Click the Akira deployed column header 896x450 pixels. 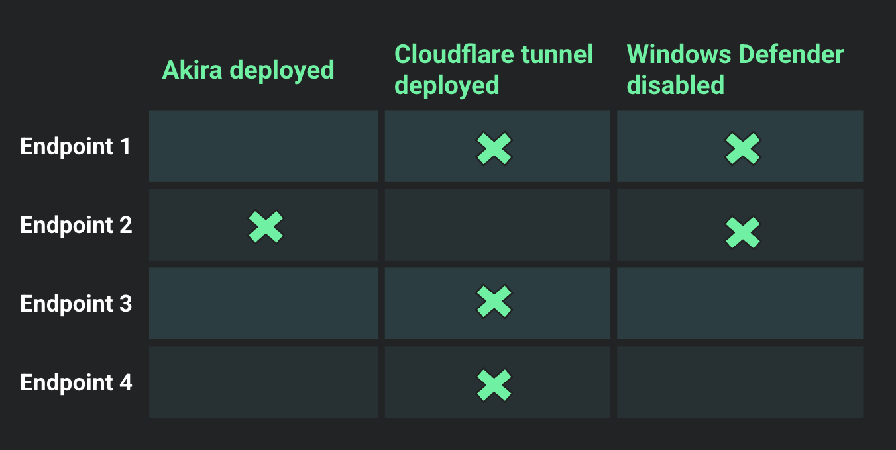[x=249, y=69]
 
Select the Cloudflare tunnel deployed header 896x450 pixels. [x=493, y=69]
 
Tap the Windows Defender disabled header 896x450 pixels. [x=734, y=69]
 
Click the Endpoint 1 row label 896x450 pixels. [x=76, y=146]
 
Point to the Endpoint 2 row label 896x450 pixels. [x=76, y=225]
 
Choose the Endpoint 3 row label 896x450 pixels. [x=76, y=304]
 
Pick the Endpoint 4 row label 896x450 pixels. [x=76, y=382]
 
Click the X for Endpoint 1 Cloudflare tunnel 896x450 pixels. [x=494, y=149]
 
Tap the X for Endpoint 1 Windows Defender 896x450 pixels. [x=742, y=149]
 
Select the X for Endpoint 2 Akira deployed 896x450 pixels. [x=266, y=227]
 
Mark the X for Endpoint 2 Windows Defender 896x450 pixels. [x=742, y=232]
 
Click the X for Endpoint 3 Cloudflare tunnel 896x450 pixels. [x=494, y=302]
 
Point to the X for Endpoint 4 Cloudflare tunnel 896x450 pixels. [x=494, y=385]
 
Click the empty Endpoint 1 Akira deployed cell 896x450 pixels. [x=263, y=146]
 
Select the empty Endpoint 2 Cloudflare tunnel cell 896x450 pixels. [x=497, y=224]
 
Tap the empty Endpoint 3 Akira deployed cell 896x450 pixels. [x=263, y=303]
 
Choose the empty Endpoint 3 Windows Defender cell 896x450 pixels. [x=740, y=303]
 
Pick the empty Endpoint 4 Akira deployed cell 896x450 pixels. [x=263, y=382]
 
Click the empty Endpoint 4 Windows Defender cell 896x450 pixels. [x=740, y=382]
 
